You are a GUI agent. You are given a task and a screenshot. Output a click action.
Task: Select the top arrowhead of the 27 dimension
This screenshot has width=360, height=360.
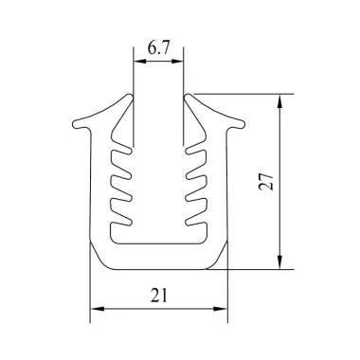[279, 99]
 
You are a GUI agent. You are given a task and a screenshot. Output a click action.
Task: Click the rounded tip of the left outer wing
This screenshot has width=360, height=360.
[73, 123]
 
